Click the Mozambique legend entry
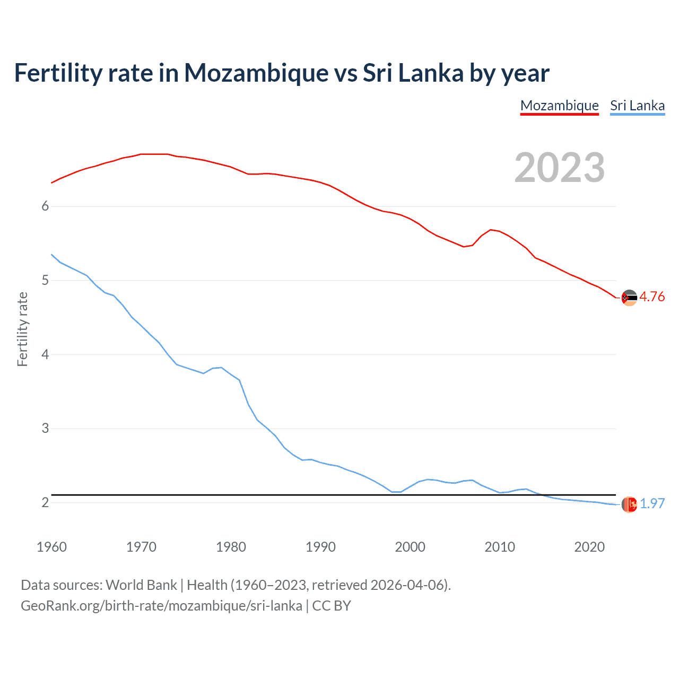[559, 106]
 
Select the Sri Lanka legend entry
[637, 106]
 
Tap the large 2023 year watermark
[559, 168]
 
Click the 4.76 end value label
[652, 297]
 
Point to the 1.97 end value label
[652, 503]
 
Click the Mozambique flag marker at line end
[629, 298]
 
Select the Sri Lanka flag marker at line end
[629, 504]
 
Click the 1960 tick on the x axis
[51, 547]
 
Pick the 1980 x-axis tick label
[231, 547]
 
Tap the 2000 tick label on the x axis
[410, 547]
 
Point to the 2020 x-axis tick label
[589, 547]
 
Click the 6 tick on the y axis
[45, 206]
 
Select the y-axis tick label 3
[45, 428]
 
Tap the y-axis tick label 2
[45, 502]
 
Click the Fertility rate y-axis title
[22, 329]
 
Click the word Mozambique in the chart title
[256, 73]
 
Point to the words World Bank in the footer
[141, 585]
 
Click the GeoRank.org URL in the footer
[161, 606]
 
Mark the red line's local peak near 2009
[491, 230]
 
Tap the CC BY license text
[332, 606]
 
